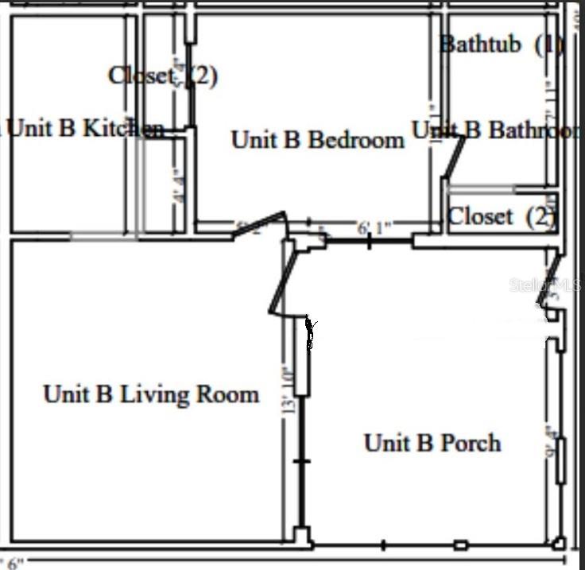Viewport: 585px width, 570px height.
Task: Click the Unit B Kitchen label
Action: click(84, 128)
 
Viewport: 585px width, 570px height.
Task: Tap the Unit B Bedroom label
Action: click(317, 140)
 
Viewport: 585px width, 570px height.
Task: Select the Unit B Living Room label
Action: click(151, 394)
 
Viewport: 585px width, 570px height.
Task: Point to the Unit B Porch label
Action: click(432, 443)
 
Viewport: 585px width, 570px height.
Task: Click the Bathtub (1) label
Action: click(501, 44)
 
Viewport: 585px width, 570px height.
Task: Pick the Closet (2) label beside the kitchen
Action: click(162, 76)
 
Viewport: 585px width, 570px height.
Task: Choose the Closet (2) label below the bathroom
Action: click(501, 215)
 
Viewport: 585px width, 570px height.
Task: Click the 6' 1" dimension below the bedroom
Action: click(374, 229)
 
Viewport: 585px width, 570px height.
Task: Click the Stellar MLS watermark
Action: click(545, 285)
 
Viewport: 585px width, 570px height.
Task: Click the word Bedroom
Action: click(355, 140)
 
